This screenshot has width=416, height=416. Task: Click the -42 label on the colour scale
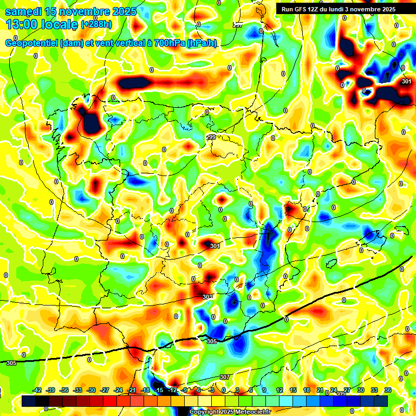coord(37,390)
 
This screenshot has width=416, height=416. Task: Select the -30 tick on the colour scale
coord(91,390)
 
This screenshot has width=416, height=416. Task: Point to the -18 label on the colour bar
coord(145,390)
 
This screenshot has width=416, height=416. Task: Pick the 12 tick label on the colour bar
coord(279,390)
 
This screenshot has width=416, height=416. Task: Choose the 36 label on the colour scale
coord(387,390)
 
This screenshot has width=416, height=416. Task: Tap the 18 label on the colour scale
coord(306,390)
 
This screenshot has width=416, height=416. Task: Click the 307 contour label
coord(225,377)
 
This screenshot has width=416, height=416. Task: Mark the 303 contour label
coord(207,297)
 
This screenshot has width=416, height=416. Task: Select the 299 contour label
coord(211,137)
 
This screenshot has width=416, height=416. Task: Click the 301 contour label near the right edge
coord(407,81)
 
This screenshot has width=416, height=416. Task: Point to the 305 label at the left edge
coord(11,362)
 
